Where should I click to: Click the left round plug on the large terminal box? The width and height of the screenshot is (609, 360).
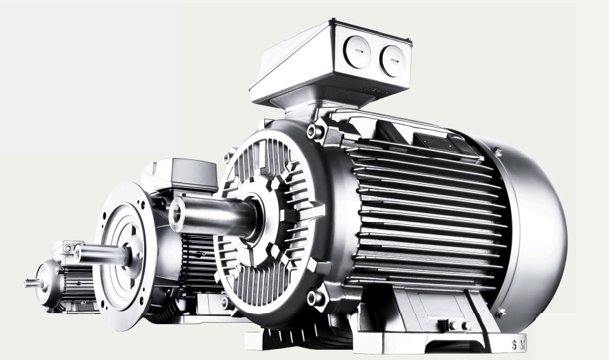coord(357,52)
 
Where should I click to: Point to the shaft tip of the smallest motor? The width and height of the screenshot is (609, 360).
coord(27,283)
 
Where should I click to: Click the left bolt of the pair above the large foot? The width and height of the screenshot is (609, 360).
coord(453,326)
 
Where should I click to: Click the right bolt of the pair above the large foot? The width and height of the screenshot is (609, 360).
coord(466,326)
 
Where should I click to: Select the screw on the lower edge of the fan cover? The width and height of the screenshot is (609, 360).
coord(499,312)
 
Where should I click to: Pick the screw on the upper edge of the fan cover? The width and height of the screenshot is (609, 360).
coord(497,152)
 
